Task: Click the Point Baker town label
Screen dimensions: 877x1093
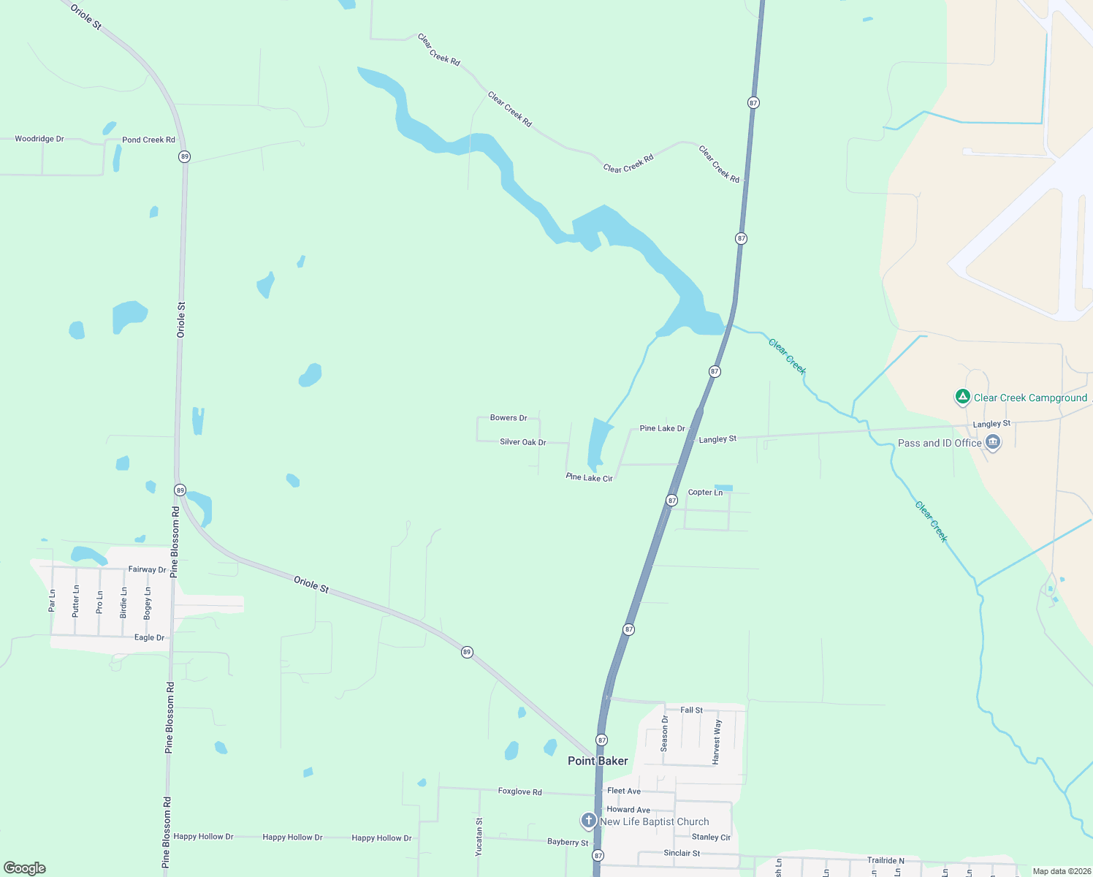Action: [x=598, y=761]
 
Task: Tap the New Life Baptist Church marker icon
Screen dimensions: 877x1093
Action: [x=588, y=821]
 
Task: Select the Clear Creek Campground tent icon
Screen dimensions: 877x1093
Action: [x=963, y=398]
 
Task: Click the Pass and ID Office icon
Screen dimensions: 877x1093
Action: [x=992, y=442]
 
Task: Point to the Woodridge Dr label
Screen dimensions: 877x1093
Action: [x=39, y=139]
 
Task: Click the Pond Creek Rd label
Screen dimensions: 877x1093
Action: [x=148, y=140]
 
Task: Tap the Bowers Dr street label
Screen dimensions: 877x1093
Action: [x=509, y=418]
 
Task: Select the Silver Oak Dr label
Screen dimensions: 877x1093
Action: [x=522, y=442]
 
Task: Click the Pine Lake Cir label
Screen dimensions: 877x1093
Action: [x=589, y=477]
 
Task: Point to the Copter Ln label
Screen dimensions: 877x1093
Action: [x=705, y=493]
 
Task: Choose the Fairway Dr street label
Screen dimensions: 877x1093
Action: [x=147, y=569]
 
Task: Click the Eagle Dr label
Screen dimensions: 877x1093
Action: [x=149, y=637]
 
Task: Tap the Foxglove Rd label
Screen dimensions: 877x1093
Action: [x=519, y=791]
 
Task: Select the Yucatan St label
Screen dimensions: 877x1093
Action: [x=479, y=837]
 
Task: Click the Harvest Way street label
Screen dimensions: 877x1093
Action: [x=717, y=742]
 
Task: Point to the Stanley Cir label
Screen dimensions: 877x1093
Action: [x=711, y=837]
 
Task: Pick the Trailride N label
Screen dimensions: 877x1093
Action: [x=886, y=860]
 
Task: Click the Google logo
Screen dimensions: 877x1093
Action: [x=25, y=868]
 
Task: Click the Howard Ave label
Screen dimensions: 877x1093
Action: [x=628, y=810]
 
